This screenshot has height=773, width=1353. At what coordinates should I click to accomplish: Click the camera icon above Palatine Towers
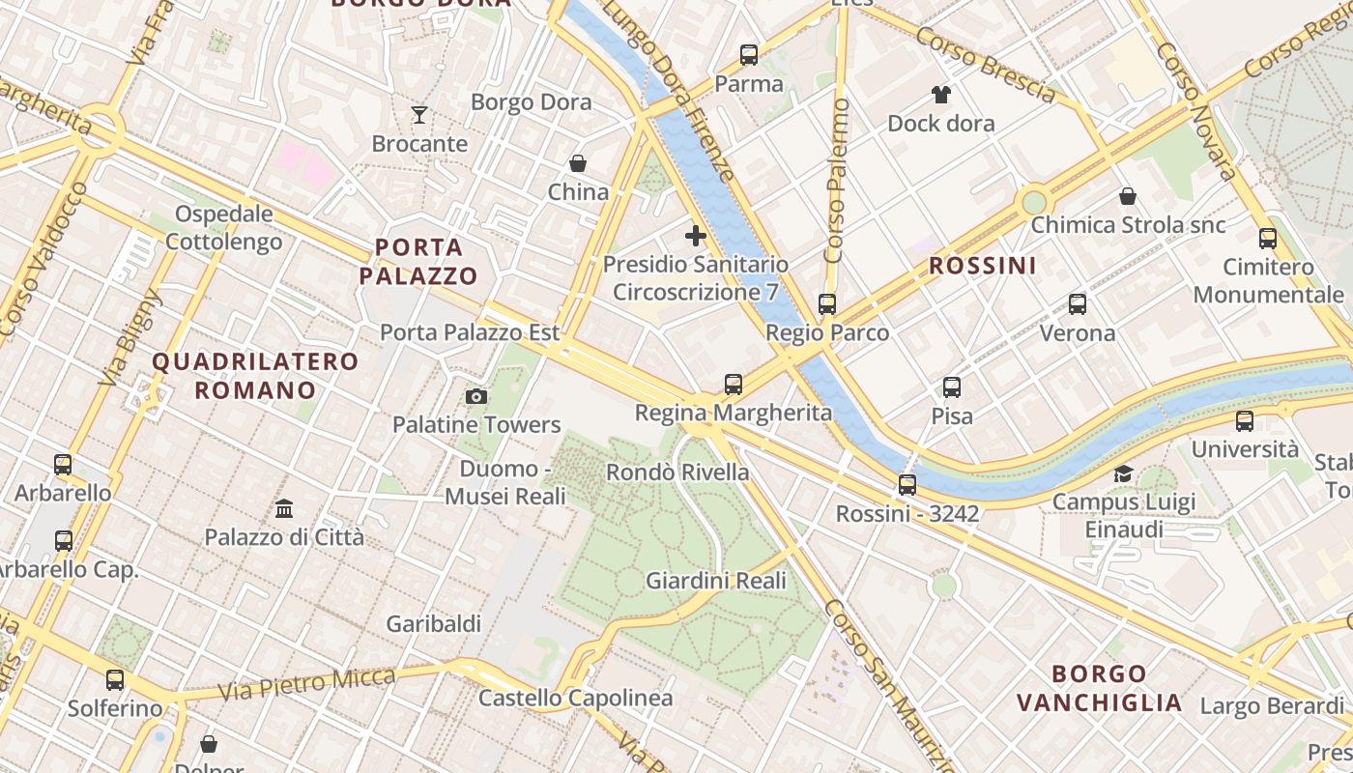475,396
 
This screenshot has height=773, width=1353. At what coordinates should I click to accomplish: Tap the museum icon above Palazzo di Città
284,508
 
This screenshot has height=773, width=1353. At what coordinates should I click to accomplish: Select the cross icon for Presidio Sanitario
695,236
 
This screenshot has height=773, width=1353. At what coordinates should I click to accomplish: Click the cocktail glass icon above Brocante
419,116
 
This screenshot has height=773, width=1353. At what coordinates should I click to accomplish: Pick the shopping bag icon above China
578,163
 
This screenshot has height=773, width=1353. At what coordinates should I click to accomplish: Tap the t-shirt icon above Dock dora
941,95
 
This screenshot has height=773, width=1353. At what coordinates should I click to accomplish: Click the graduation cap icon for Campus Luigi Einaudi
1123,473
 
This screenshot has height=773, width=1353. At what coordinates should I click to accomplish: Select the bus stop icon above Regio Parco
827,304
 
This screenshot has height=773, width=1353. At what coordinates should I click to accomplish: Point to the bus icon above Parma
749,55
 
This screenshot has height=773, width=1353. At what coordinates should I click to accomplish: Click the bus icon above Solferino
115,680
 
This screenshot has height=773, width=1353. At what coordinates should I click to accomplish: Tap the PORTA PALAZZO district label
418,261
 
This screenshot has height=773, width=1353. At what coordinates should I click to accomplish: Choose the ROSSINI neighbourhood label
982,266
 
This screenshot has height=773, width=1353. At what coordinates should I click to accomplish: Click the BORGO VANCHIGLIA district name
1099,688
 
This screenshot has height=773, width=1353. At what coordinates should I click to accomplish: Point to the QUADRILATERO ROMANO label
256,376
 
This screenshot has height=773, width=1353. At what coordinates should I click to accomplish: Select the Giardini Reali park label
716,581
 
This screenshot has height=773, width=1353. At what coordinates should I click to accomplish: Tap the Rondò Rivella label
677,472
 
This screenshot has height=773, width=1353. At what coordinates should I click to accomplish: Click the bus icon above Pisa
952,387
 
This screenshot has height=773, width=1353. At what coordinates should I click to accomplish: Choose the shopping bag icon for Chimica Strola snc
1127,197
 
